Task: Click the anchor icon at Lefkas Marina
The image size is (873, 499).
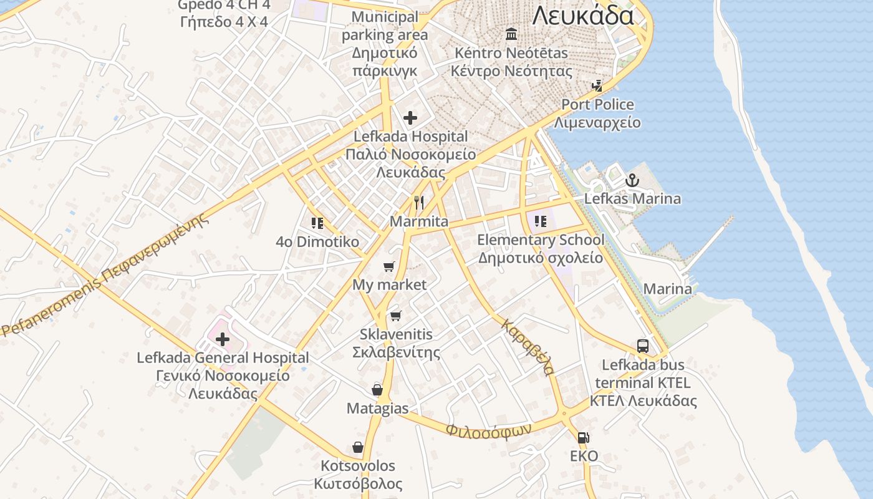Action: (632, 181)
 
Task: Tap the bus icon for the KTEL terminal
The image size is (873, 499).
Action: (643, 346)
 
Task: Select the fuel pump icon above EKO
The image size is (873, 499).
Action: (583, 438)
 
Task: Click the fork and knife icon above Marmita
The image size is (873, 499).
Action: (419, 203)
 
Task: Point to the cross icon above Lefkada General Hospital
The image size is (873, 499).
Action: (223, 339)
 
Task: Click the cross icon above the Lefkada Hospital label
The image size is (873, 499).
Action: (410, 117)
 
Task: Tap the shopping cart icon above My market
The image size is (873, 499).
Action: (389, 267)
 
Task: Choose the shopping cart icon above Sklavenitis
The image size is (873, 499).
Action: (395, 316)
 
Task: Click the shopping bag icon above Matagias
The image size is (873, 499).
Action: (377, 390)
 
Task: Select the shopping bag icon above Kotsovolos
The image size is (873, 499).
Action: (358, 447)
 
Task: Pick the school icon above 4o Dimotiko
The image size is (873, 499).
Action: (317, 223)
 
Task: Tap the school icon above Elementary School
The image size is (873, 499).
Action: (541, 221)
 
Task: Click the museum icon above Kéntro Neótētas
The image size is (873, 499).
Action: (511, 34)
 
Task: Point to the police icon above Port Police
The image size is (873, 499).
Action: (597, 85)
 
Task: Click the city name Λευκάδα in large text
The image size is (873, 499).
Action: (583, 15)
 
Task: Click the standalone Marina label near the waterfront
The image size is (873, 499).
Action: (667, 289)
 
